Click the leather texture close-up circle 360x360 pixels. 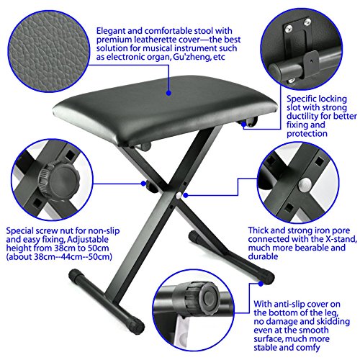pyautogui.click(x=49, y=51)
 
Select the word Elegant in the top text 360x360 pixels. pyautogui.click(x=111, y=31)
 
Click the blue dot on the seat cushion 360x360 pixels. pyautogui.click(x=168, y=93)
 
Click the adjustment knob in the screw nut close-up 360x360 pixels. pyautogui.click(x=59, y=180)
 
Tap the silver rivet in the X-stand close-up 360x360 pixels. pyautogui.click(x=305, y=184)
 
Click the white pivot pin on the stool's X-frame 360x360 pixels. pyautogui.click(x=179, y=195)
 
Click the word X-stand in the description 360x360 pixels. pyautogui.click(x=340, y=239)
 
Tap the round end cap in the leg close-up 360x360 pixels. pyautogui.click(x=207, y=298)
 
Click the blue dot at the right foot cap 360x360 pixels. pyautogui.click(x=261, y=284)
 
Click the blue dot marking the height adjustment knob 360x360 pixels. pyautogui.click(x=143, y=184)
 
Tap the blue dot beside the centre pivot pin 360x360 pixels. pyautogui.click(x=186, y=195)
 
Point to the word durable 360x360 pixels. pyautogui.click(x=263, y=256)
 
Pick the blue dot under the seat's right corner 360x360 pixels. pyautogui.click(x=243, y=124)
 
